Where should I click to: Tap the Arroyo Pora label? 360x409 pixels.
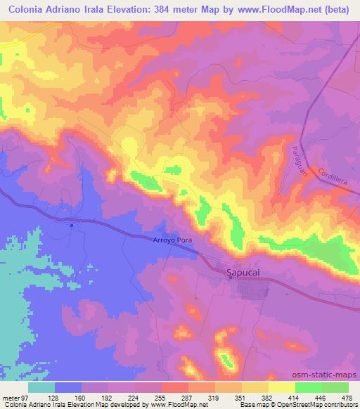(172, 240)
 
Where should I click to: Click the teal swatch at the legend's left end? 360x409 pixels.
(41, 387)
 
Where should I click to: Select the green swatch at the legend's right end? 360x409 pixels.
(335, 387)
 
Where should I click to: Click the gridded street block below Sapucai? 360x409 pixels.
(250, 289)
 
